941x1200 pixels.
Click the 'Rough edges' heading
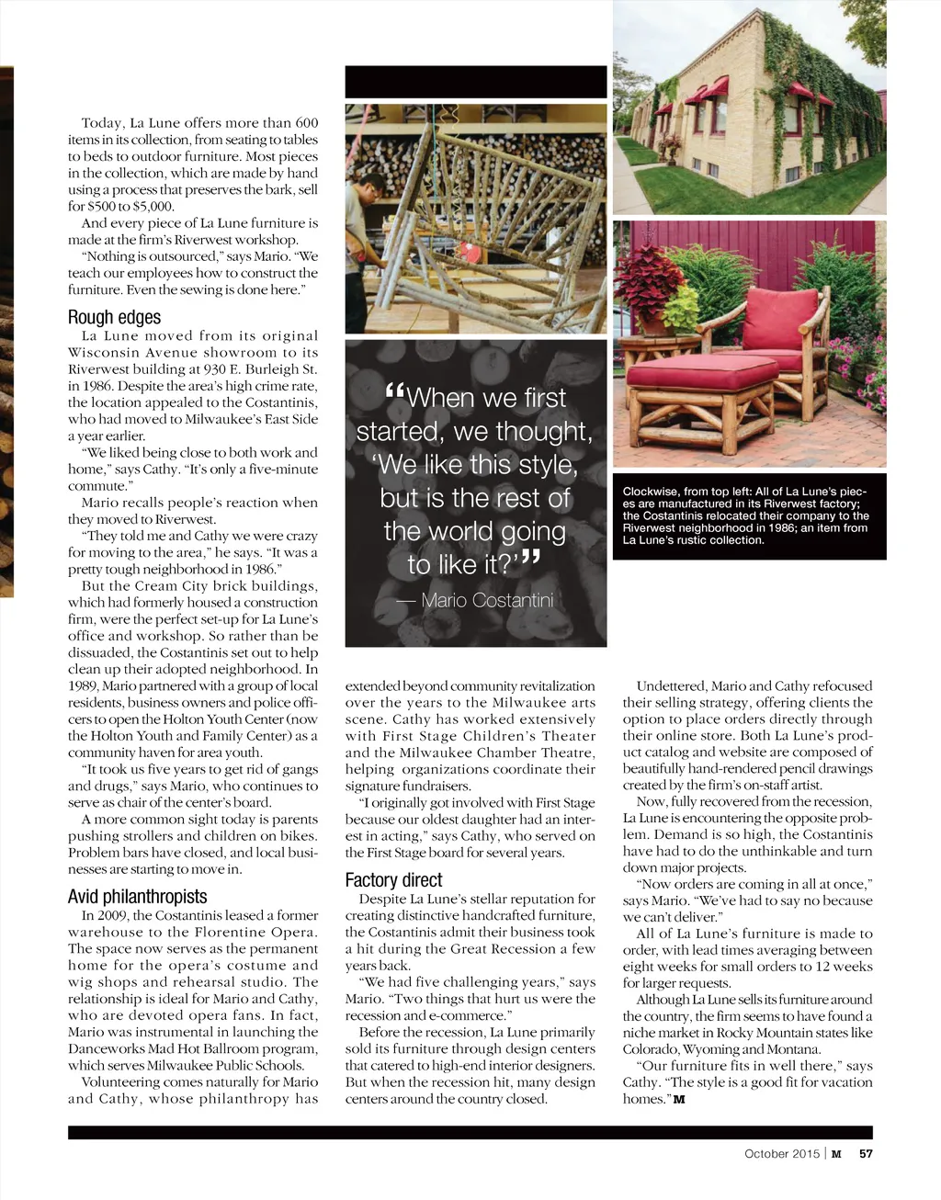[114, 317]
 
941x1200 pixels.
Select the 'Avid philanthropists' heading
[137, 896]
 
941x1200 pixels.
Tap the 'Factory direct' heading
[393, 879]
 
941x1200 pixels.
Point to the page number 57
[866, 1154]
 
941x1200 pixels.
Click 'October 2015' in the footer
[780, 1154]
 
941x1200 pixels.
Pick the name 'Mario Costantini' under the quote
[487, 600]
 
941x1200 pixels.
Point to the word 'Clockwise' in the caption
[651, 492]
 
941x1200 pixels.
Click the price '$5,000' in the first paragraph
[153, 207]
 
